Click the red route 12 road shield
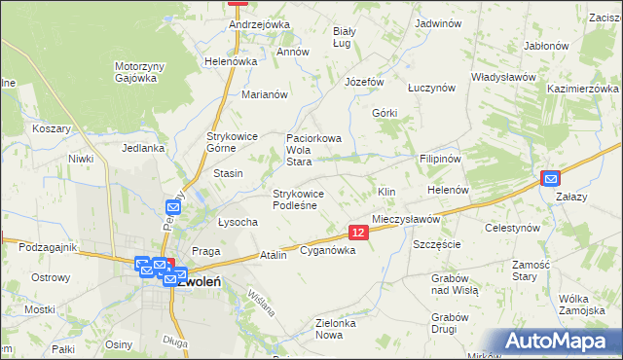(358, 233)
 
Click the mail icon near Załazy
(551, 178)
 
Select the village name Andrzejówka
(260, 24)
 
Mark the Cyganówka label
(327, 250)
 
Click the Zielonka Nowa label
(344, 328)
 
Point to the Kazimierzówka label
(583, 89)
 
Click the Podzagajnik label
(47, 247)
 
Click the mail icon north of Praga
(175, 205)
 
